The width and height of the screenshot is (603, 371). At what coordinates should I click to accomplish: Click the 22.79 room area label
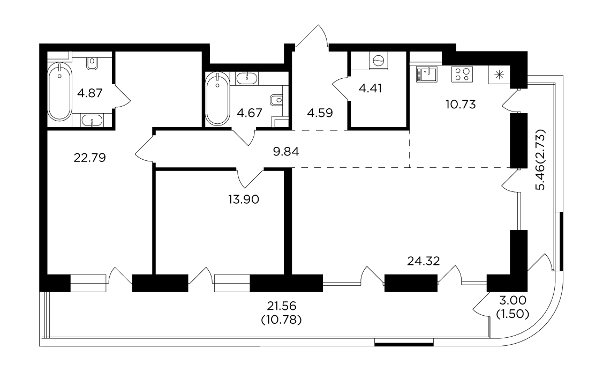(89, 158)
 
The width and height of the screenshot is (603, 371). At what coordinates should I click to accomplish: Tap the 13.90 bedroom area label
(244, 199)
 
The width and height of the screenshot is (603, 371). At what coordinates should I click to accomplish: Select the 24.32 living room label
(424, 261)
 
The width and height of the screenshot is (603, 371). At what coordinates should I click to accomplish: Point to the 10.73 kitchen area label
(461, 105)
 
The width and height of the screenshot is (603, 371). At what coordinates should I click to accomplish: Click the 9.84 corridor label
(286, 152)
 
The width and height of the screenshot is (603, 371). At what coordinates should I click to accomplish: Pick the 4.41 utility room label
(371, 88)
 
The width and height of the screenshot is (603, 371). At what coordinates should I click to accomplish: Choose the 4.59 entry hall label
(320, 113)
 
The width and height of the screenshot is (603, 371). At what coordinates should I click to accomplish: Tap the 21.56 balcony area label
(282, 306)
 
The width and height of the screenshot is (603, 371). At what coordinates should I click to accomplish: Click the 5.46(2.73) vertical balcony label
(540, 160)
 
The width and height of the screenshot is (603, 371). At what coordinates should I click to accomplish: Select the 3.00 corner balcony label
(512, 300)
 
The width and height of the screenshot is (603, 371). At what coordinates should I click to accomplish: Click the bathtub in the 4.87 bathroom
(59, 92)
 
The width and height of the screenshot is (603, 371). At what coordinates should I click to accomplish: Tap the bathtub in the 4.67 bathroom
(217, 99)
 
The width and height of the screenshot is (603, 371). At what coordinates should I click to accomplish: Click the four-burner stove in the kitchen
(462, 74)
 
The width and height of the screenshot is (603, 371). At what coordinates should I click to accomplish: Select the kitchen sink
(426, 74)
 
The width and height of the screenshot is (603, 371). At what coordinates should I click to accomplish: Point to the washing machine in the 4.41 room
(379, 61)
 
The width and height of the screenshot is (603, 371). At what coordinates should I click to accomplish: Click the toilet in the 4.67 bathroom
(276, 100)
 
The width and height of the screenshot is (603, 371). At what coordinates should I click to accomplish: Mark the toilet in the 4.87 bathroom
(92, 63)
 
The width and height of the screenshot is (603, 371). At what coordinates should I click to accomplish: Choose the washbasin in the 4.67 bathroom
(246, 78)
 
